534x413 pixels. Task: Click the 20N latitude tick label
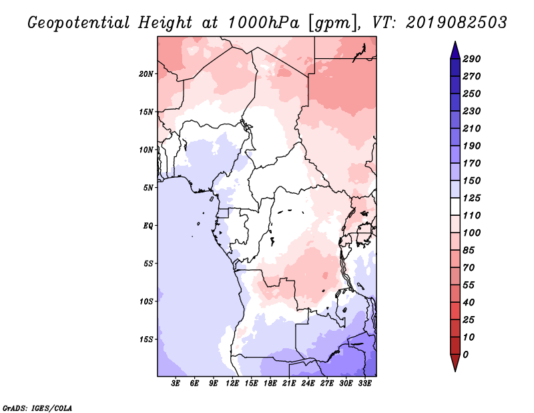[x=146, y=74]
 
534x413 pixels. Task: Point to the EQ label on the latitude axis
[x=148, y=226]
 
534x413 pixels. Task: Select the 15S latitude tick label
[x=146, y=339]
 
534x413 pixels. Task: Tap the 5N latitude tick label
[x=148, y=188]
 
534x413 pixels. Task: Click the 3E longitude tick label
[x=176, y=383]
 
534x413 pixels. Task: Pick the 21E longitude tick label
[x=289, y=383]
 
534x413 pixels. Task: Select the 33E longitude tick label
[x=364, y=383]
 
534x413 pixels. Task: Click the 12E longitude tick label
[x=232, y=383]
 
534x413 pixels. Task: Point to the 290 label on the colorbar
[x=471, y=59]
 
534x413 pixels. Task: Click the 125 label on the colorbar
[x=471, y=198]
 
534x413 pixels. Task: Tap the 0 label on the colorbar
[x=465, y=355]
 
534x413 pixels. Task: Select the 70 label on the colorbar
[x=469, y=268]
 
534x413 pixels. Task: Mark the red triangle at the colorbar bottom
[x=455, y=362]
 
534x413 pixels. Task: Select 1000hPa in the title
[x=263, y=23]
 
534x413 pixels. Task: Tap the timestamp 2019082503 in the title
[x=457, y=23]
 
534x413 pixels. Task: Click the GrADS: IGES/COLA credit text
[x=37, y=408]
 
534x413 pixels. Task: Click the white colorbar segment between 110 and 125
[x=455, y=206]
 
